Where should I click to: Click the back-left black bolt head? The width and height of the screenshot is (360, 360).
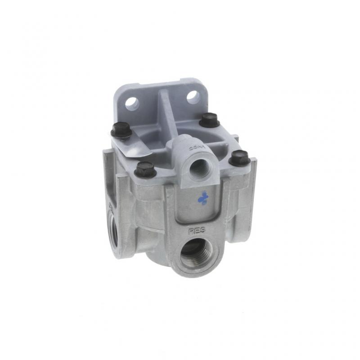click(x=121, y=131)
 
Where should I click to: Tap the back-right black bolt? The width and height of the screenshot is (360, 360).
click(x=209, y=120)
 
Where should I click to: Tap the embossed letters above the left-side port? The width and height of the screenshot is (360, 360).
click(x=109, y=208)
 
